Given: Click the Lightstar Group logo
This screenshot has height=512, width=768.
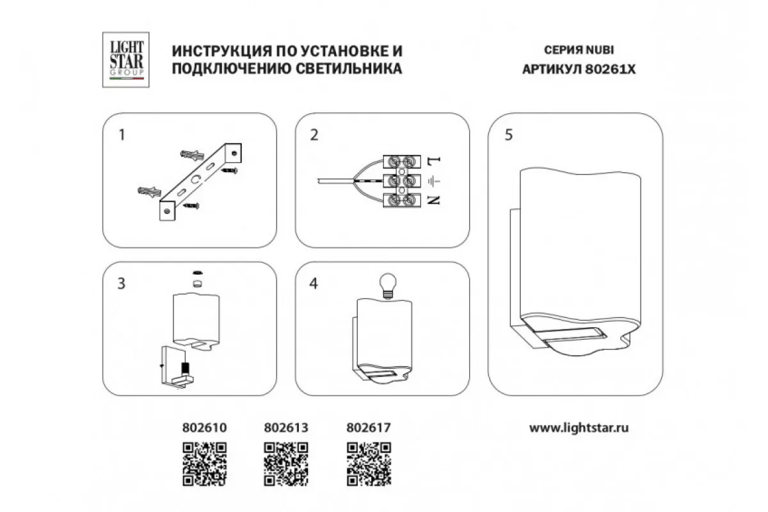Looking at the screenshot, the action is pos(126,60).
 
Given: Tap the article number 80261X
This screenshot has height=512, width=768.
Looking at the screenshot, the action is pos(611,70).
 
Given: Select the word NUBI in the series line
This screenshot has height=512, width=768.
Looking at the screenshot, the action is pos(600,50).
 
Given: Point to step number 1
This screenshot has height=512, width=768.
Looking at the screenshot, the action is pos(122,135).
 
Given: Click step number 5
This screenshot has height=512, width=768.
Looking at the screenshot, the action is pos(509,135).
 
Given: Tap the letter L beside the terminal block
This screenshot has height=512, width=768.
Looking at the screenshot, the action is pos(434,161).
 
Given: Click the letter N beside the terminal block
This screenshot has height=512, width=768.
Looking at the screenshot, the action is pos(434,200).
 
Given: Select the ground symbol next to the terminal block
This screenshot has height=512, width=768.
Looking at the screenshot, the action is pos(434,181).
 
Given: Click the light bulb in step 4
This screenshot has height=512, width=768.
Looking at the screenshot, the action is pos(388,285).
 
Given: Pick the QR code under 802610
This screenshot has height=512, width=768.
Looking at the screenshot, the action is pos(204,464).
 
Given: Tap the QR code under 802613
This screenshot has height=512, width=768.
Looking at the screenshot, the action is pos(286,464).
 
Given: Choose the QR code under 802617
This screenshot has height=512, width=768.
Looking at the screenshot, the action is pos(369,464).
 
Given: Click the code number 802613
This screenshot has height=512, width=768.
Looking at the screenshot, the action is pos(286,428).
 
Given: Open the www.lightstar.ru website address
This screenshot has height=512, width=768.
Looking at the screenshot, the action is pos(579,428).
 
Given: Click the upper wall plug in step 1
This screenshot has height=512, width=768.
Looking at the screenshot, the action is pos(193,155).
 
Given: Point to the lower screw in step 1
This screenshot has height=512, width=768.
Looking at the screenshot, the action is pos(191,206).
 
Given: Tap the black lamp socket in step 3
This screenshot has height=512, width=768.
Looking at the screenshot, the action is pos(186,369).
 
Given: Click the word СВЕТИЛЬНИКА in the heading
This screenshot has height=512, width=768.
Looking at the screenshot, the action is pos(349,68).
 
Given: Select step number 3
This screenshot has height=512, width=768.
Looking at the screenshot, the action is pos(122,284).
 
